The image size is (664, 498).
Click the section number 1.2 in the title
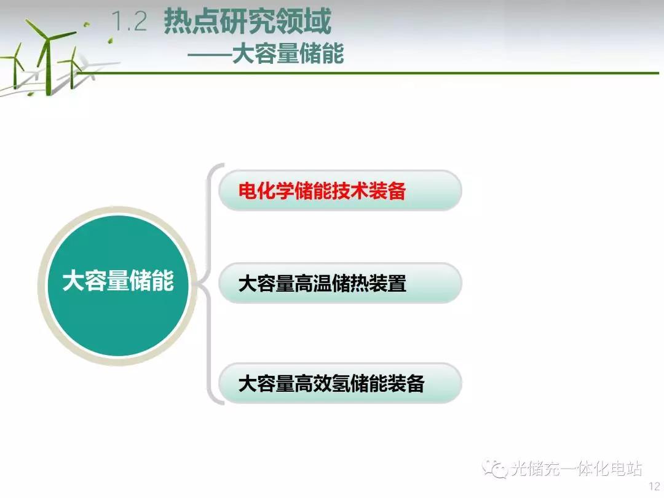(129, 21)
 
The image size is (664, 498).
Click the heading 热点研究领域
(247, 21)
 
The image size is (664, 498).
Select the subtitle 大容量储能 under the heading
(288, 54)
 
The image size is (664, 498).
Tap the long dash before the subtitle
(210, 54)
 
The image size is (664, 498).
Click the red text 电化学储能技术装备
(322, 191)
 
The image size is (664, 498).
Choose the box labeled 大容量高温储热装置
(340, 283)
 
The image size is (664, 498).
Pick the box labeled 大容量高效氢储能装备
(340, 383)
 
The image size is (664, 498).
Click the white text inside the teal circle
(118, 281)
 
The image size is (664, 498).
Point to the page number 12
(655, 486)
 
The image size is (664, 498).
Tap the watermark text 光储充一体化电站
(576, 469)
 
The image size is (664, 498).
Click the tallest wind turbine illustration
(48, 55)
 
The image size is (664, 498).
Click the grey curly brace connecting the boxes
(209, 284)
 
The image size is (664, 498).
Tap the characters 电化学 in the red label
(266, 191)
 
